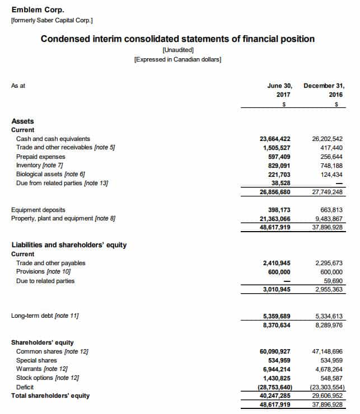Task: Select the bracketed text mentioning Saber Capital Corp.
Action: pyautogui.click(x=52, y=21)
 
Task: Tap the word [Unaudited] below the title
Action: pyautogui.click(x=177, y=50)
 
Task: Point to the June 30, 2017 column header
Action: pyautogui.click(x=280, y=91)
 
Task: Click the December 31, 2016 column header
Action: pyautogui.click(x=324, y=91)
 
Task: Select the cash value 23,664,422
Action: pyautogui.click(x=275, y=139)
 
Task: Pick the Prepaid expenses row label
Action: pyautogui.click(x=41, y=157)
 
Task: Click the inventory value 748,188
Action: pyautogui.click(x=330, y=166)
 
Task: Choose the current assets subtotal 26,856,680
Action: pyautogui.click(x=275, y=192)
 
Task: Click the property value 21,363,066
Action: pyautogui.click(x=275, y=219)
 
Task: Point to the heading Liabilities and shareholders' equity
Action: pyautogui.click(x=69, y=245)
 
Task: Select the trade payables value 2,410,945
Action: pyautogui.click(x=277, y=263)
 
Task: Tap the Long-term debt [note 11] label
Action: pyautogui.click(x=45, y=316)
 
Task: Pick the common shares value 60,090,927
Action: pyautogui.click(x=275, y=351)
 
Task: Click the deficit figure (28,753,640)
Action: pyautogui.click(x=275, y=387)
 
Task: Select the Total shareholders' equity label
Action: pyautogui.click(x=50, y=396)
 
